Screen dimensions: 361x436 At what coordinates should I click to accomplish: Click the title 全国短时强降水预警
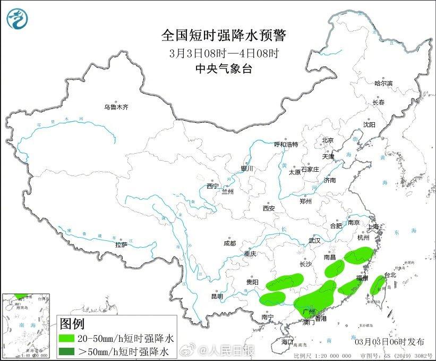click(x=223, y=36)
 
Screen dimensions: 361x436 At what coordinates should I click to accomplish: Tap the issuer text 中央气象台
click(x=223, y=68)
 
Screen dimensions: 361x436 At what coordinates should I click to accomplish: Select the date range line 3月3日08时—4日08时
click(x=224, y=53)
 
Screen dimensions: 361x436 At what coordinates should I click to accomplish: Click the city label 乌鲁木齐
click(x=116, y=107)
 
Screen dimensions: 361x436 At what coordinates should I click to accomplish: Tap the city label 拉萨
click(x=121, y=245)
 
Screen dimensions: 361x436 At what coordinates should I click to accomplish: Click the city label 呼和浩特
click(x=286, y=145)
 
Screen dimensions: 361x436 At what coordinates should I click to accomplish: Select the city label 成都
click(x=229, y=244)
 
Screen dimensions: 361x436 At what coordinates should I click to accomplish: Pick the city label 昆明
click(x=217, y=296)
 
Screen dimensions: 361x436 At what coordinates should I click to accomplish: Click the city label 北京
click(x=327, y=140)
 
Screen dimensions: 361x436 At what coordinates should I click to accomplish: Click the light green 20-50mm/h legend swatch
click(x=69, y=338)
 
